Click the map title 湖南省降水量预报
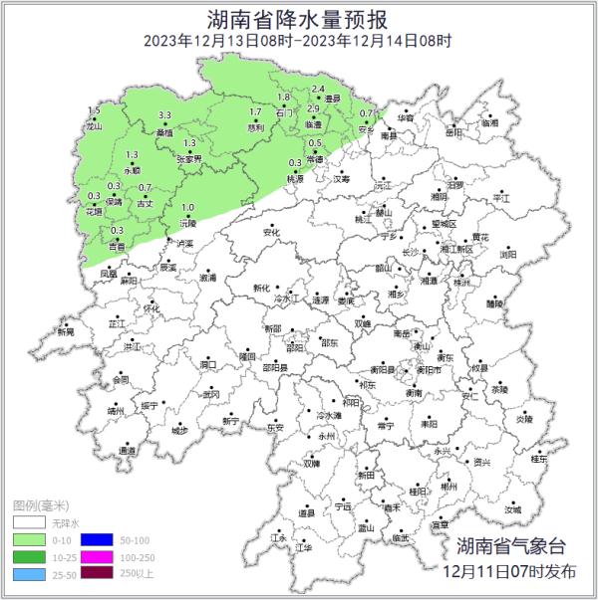point(298,18)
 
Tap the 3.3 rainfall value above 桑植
point(164,116)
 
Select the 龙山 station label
point(95,127)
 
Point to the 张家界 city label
point(188,158)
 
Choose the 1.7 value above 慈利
point(255,112)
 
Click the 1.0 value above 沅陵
point(187,207)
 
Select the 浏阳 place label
point(508,255)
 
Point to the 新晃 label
point(66,331)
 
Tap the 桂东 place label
point(539,460)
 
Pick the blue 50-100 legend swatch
point(100,538)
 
